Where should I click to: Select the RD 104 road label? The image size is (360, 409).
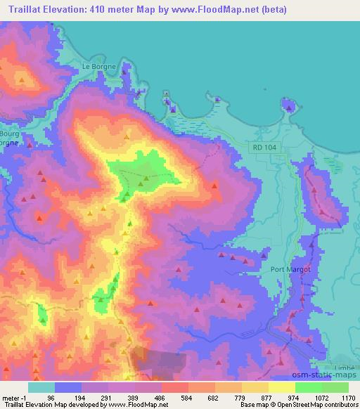(x=264, y=146)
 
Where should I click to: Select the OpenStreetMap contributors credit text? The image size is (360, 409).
(x=317, y=405)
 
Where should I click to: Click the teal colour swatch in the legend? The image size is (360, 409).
(x=41, y=387)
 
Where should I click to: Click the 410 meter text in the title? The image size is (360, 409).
(x=102, y=8)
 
